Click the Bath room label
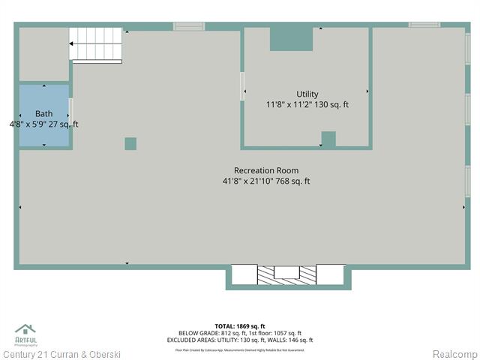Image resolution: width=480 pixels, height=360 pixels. tap(43, 114)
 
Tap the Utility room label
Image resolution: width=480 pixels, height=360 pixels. tap(307, 94)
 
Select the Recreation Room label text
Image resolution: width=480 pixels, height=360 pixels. tap(266, 170)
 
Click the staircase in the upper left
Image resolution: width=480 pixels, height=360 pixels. tap(96, 44)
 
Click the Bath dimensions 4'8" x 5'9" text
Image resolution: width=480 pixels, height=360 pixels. tap(43, 124)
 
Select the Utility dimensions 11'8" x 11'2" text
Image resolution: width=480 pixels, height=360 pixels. tap(307, 105)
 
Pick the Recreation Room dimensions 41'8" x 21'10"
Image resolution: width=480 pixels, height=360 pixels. tap(266, 181)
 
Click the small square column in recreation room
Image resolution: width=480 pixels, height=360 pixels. tap(130, 143)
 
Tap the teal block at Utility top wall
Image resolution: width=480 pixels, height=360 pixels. tap(291, 40)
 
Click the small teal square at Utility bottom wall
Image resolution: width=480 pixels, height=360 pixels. tap(328, 139)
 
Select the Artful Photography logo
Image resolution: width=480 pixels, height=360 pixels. tap(25, 334)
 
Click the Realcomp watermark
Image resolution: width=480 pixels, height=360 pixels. tap(453, 354)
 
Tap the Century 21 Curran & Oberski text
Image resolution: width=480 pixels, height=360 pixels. tap(61, 354)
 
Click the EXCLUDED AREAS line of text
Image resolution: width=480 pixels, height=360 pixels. tap(240, 340)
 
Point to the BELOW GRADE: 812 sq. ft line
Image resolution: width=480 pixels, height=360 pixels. tap(240, 333)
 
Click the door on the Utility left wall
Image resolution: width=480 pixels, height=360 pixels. tap(242, 86)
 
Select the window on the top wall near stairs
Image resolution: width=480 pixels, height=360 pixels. tap(189, 26)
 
